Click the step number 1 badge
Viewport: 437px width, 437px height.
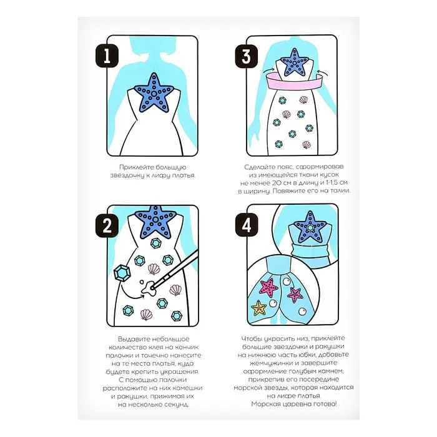point(107,56)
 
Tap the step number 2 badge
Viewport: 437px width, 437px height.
point(107,225)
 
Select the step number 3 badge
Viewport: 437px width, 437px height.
point(247,56)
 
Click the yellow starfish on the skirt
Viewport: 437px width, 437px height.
point(259,308)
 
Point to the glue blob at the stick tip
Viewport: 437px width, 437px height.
point(149,288)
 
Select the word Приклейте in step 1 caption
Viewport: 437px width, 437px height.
point(137,167)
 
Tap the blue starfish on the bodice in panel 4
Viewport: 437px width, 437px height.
point(310,227)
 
